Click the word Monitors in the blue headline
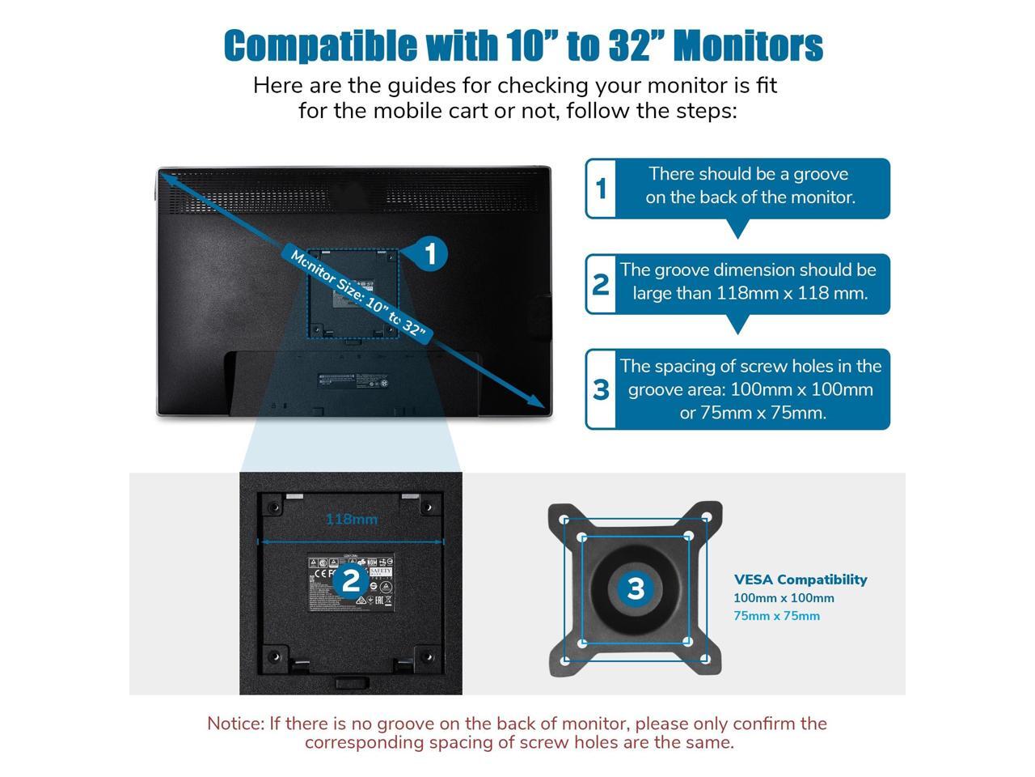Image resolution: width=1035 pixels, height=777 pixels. pos(748,45)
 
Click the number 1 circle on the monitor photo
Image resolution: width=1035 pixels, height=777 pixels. pos(429,253)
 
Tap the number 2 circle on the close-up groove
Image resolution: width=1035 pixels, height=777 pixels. pos(350,580)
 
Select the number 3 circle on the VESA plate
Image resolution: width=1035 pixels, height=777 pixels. pos(635,588)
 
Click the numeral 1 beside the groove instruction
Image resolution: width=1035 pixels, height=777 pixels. pos(601,189)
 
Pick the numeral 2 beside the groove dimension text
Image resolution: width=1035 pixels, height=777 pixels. pos(601,284)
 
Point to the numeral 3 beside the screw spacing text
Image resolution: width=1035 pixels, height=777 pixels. pos(601,389)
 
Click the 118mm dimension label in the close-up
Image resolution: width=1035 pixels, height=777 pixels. pos(351,519)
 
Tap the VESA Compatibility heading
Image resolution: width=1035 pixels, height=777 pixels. pos(801,580)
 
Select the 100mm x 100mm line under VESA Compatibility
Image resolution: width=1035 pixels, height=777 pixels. pos(784,598)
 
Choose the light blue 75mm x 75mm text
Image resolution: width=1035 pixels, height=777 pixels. pos(776,616)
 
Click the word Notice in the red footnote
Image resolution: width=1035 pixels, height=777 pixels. pos(234,724)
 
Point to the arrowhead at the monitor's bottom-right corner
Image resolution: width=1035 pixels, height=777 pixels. pos(537,401)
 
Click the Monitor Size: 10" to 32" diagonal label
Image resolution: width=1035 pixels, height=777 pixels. pos(357,294)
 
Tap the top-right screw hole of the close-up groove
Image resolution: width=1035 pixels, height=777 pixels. pos(429,507)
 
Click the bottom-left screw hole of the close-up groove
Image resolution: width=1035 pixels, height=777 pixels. pos(274,655)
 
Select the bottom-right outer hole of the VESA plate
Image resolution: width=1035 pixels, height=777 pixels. pos(705,659)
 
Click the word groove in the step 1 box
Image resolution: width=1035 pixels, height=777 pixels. pos(821,174)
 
